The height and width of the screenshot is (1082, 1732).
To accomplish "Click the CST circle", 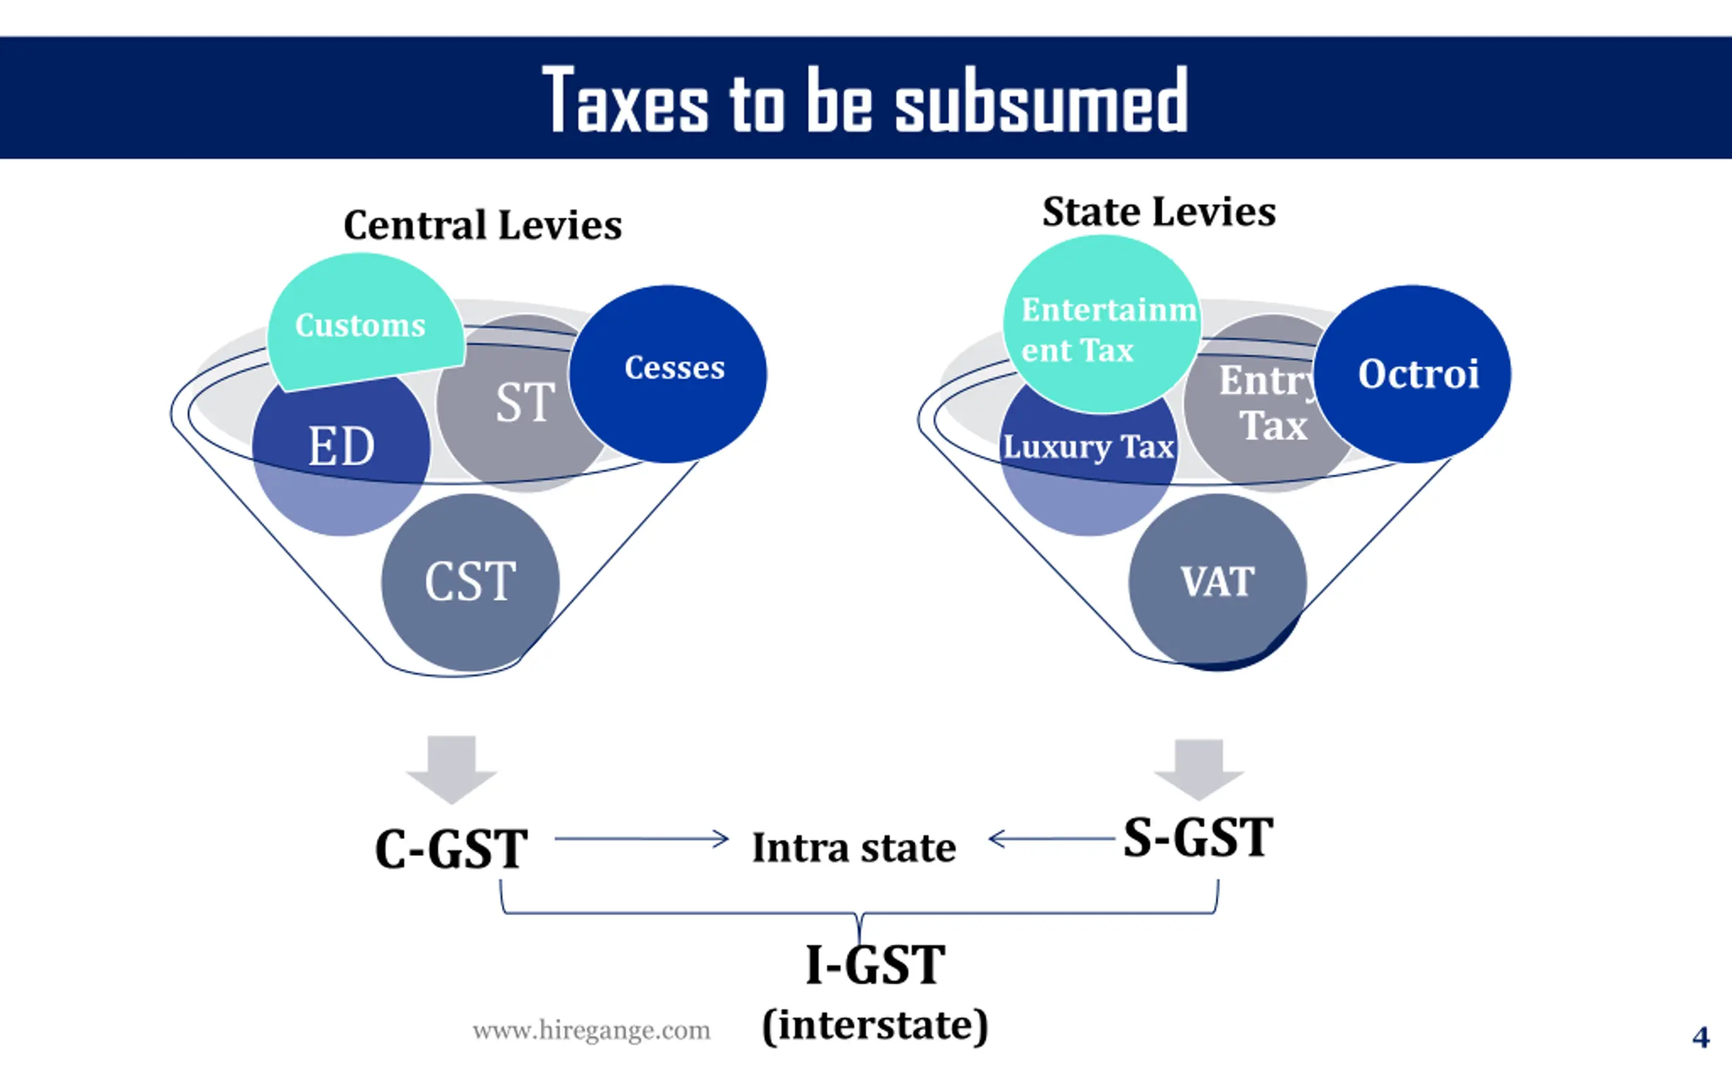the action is [470, 581].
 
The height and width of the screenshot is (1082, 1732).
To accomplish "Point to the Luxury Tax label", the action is [1088, 447].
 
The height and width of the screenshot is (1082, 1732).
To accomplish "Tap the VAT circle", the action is [1216, 581].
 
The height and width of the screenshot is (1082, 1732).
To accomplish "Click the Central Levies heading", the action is [482, 225].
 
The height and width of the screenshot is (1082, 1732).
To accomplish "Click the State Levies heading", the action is [1159, 212].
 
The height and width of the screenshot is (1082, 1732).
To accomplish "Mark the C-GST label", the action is [451, 849].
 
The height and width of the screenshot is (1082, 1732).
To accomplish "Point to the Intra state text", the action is [854, 848].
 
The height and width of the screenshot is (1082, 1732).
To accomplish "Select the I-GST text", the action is [875, 964].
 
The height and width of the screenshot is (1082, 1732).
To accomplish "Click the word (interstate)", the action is [875, 1025].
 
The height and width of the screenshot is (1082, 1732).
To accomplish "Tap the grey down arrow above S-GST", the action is [1199, 768].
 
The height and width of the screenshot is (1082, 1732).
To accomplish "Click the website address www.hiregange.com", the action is [591, 1031].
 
